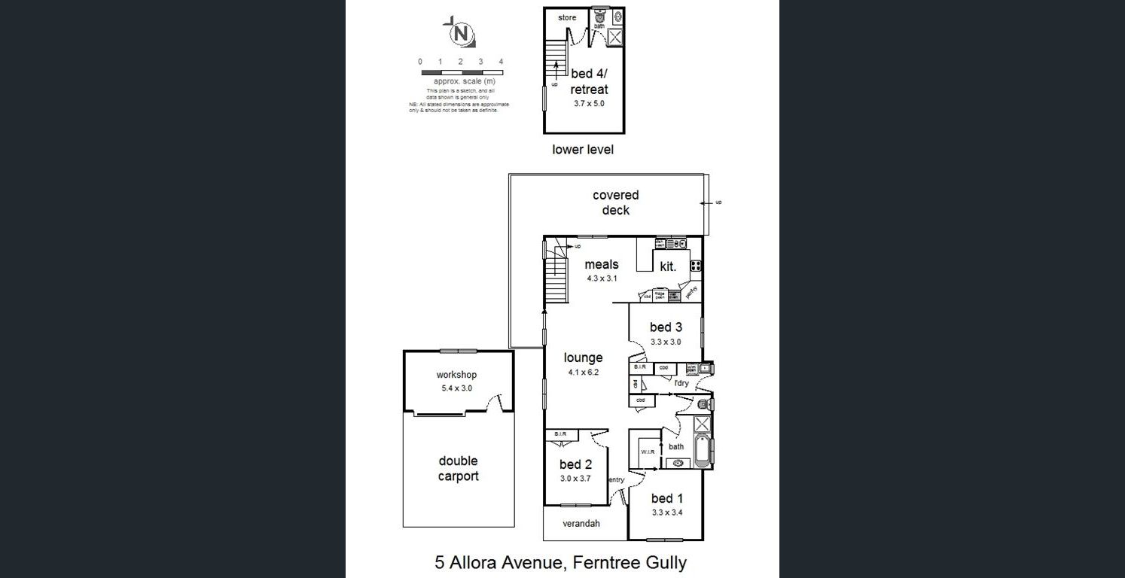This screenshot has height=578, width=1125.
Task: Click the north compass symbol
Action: click(459, 33)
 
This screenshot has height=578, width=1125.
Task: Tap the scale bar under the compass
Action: click(461, 73)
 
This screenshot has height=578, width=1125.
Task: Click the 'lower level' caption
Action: click(583, 150)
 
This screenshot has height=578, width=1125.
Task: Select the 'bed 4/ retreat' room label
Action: click(589, 81)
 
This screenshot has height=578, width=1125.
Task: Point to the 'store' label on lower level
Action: click(567, 18)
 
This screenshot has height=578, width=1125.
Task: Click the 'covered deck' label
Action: click(615, 203)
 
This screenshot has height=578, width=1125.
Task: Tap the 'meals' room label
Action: click(601, 264)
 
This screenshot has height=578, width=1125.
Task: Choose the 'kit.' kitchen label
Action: click(668, 266)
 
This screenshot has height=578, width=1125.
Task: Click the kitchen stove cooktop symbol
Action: click(696, 265)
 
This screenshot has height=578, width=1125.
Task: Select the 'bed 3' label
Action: click(666, 327)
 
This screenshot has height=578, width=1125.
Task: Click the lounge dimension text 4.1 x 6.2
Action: click(583, 372)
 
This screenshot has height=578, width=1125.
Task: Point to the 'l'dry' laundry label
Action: click(681, 383)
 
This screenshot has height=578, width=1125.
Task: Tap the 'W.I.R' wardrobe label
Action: click(648, 452)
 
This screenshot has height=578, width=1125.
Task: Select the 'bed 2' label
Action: click(575, 464)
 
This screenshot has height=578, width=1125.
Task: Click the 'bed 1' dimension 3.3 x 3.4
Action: click(666, 513)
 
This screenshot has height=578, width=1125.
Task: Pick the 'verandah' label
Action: click(581, 524)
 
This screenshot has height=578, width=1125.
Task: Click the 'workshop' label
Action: click(456, 375)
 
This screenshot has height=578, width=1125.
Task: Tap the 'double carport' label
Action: click(458, 468)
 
